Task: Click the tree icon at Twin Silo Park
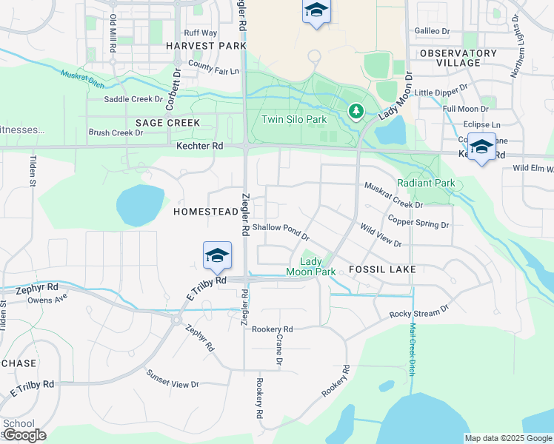(x=356, y=112)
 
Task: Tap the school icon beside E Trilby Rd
(x=217, y=255)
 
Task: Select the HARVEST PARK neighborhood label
(x=206, y=46)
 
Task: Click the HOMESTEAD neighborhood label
(x=206, y=212)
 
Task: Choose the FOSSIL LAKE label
(x=382, y=269)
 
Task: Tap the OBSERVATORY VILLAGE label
(x=458, y=58)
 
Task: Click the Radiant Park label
(x=426, y=183)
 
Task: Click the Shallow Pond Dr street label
(x=281, y=232)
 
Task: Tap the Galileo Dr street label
(x=433, y=31)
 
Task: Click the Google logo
(x=24, y=435)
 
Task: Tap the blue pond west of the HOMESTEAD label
(x=140, y=204)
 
